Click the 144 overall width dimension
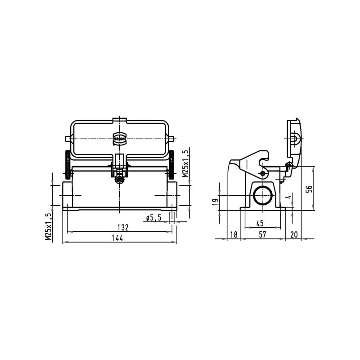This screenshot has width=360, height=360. coord(117,238)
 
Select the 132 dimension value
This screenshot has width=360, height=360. coord(123,228)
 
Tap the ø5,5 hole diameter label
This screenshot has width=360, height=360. coord(154,218)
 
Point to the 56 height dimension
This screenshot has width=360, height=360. coord(310,189)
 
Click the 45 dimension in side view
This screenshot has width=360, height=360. coord(260,223)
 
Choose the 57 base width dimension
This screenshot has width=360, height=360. coord(262,234)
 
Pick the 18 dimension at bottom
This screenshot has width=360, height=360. coord(234,234)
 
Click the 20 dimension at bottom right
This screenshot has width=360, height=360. coord(294,234)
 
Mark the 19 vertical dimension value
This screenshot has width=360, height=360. coord(215,202)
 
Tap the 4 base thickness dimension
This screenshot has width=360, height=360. coord(289,197)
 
